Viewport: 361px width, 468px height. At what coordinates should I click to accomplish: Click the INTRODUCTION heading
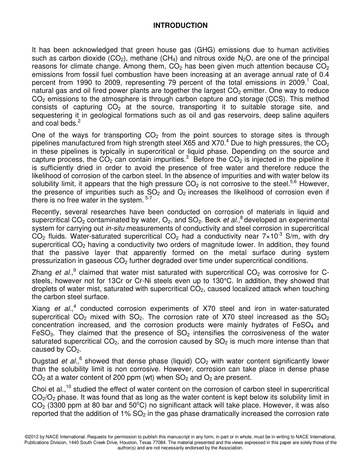coord(180,25)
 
